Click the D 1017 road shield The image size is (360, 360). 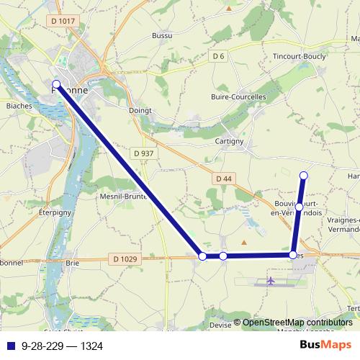(x=63, y=22)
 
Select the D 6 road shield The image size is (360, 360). (x=219, y=55)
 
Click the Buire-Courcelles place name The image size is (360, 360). (x=238, y=96)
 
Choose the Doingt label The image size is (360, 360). (x=139, y=111)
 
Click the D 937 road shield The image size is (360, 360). (x=144, y=153)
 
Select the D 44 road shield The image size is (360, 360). (x=223, y=178)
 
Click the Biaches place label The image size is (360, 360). (x=19, y=105)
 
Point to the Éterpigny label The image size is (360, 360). (x=54, y=214)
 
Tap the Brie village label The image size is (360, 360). (x=72, y=264)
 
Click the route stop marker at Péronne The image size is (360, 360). (x=57, y=84)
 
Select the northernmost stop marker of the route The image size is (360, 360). (x=304, y=175)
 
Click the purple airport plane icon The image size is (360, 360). (x=271, y=281)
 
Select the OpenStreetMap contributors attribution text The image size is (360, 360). (x=297, y=323)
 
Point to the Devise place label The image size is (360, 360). (x=222, y=325)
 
